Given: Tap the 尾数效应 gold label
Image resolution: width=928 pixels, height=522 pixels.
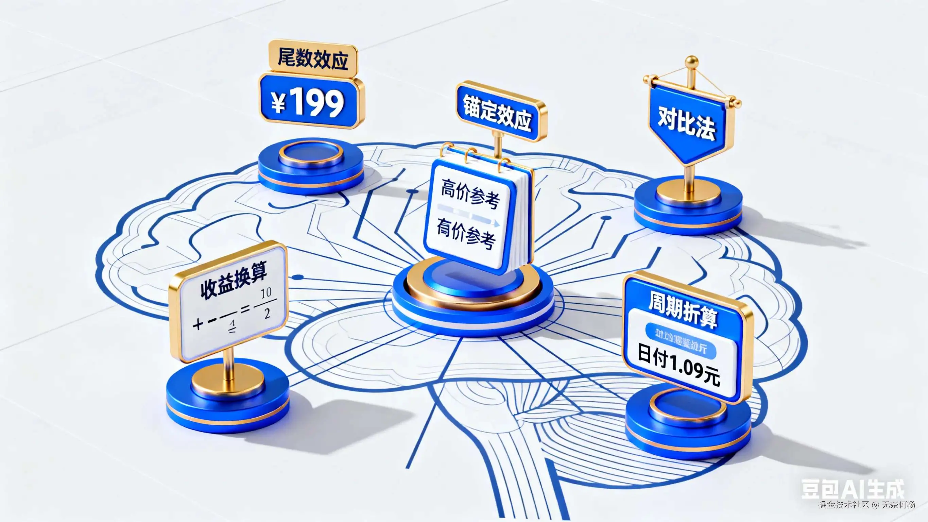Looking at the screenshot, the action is pos(313,59).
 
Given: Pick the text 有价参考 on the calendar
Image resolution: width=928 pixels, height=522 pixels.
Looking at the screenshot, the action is pos(466,233).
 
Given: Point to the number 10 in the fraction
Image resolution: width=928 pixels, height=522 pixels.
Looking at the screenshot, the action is pos(266,293).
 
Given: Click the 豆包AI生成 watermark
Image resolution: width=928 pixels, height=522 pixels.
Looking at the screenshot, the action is pos(852,489).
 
